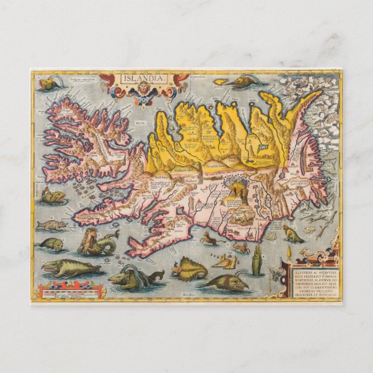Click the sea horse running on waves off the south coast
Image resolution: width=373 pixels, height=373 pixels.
click(x=210, y=239)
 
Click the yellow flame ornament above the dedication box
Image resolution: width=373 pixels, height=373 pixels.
click(x=289, y=251)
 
